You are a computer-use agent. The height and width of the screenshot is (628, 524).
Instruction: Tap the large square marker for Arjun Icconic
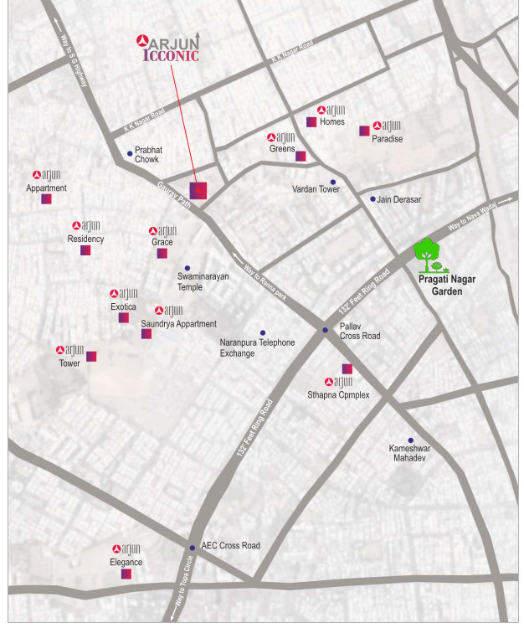point(198,190)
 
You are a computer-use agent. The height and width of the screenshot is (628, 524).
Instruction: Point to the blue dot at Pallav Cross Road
point(326,331)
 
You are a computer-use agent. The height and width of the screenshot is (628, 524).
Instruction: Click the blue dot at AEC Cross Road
point(192,547)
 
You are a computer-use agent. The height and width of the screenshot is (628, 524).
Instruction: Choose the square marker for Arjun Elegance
point(126,574)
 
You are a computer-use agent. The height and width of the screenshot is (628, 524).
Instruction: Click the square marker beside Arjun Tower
point(91,356)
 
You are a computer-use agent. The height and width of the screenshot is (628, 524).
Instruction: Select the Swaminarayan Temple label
point(203,281)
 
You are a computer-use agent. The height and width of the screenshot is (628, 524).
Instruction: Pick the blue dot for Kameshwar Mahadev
point(410,440)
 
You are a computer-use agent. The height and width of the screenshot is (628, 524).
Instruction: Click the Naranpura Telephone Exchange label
point(257,347)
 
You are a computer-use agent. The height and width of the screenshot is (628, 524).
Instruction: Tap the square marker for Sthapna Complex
point(347,368)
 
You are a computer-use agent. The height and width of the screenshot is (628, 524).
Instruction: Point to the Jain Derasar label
point(399,199)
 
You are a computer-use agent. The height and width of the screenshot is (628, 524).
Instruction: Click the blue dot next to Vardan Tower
point(332,182)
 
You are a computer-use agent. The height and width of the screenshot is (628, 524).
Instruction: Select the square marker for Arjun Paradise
point(364,131)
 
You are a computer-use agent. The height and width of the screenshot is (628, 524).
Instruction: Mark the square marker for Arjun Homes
point(311,122)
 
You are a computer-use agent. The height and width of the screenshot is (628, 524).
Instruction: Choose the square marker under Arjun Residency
point(85,250)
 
